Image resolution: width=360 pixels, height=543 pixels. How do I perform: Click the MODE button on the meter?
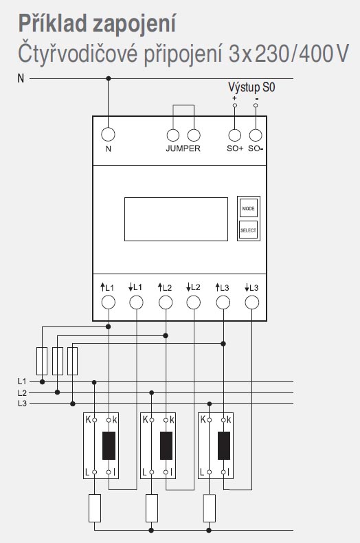248,208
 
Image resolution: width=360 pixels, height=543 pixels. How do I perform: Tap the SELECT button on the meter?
248,230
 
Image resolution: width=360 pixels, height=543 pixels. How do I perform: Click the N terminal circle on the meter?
108,134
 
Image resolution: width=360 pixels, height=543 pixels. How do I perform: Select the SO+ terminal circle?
235,135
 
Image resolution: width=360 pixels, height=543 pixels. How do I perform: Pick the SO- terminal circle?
256,135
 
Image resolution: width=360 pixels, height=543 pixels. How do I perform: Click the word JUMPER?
183,148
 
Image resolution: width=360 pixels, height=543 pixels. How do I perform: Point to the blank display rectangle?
176,219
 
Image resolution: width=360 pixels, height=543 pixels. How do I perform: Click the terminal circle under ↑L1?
108,302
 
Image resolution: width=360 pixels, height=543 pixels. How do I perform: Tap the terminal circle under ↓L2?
193,302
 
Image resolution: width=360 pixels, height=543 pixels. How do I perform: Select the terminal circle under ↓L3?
251,302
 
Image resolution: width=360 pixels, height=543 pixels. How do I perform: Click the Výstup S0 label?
251,87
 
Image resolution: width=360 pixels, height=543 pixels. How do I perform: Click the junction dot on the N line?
109,78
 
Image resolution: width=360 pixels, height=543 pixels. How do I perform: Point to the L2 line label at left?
22,392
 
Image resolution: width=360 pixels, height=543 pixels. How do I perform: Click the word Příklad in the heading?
52,23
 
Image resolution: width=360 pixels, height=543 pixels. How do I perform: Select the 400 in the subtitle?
315,54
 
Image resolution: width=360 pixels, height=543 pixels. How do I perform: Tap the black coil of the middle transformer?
166,445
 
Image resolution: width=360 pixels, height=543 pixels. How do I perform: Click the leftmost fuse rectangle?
42,361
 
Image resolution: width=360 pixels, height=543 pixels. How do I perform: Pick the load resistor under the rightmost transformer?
209,509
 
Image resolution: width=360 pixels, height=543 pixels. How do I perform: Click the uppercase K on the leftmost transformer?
88,420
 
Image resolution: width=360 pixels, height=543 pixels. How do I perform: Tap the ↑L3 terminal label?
222,287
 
